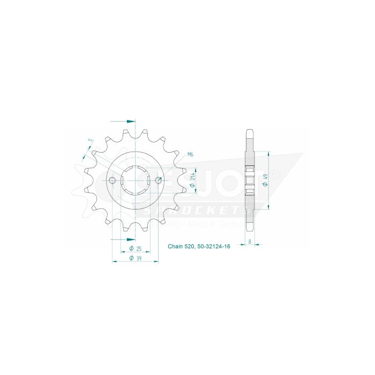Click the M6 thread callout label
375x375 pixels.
pyautogui.click(x=190, y=155)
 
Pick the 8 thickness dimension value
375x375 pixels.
pyautogui.click(x=250, y=242)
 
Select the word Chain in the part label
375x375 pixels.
pyautogui.click(x=175, y=247)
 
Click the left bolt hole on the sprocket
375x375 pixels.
pyautogui.click(x=113, y=180)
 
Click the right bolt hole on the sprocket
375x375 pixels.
pyautogui.click(x=158, y=180)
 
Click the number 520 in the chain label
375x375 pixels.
pyautogui.click(x=190, y=247)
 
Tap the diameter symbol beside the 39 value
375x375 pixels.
pyautogui.click(x=131, y=258)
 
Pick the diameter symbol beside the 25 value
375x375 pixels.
pyautogui.click(x=131, y=249)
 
